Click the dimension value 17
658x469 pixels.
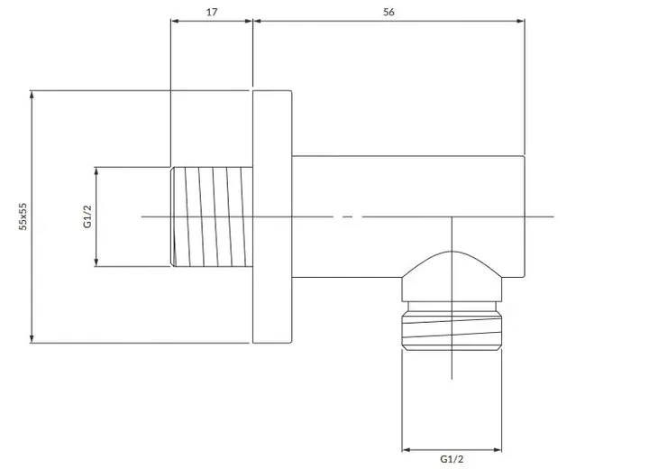point(212,12)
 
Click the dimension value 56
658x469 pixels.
point(388,12)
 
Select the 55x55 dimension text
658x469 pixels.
point(23,216)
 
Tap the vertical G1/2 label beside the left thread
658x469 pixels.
point(87,216)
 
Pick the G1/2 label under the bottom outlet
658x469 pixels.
point(452,459)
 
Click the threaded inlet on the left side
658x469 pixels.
point(212,216)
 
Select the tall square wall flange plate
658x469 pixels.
point(272,216)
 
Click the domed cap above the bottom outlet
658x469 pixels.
point(452,276)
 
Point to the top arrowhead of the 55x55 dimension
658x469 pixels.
point(32,95)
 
